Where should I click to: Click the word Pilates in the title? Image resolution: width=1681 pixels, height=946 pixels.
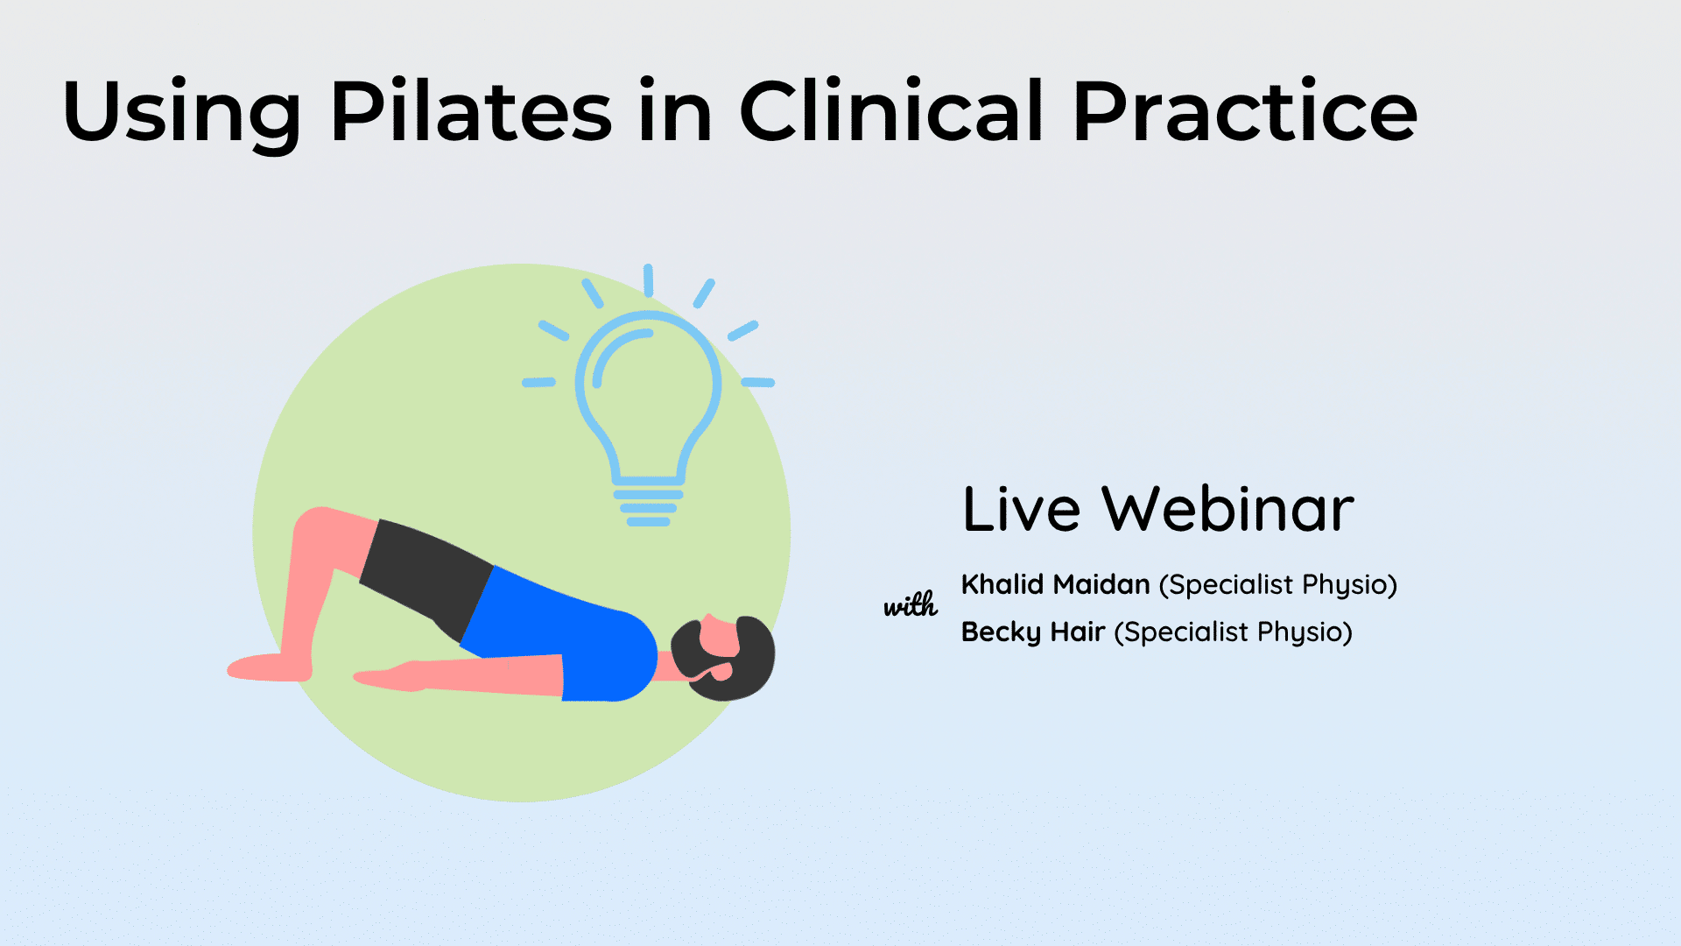pyautogui.click(x=471, y=111)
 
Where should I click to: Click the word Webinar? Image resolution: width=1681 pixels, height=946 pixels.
pyautogui.click(x=1227, y=509)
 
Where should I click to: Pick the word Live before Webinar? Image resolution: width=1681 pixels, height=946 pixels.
pyautogui.click(x=1022, y=509)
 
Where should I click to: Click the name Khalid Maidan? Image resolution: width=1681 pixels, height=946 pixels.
pyautogui.click(x=1055, y=584)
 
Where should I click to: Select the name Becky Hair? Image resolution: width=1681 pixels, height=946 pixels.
pyautogui.click(x=1033, y=632)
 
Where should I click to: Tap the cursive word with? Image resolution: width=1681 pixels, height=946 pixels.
pyautogui.click(x=911, y=604)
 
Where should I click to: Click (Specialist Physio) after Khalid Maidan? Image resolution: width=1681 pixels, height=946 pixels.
pyautogui.click(x=1278, y=585)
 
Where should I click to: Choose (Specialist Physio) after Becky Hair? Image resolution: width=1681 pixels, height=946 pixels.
pyautogui.click(x=1234, y=632)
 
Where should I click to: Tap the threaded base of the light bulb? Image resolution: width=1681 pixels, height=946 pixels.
pyautogui.click(x=649, y=508)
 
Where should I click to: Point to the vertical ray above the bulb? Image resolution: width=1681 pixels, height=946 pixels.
pyautogui.click(x=648, y=280)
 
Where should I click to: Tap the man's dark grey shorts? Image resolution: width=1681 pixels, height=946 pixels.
pyautogui.click(x=425, y=574)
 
